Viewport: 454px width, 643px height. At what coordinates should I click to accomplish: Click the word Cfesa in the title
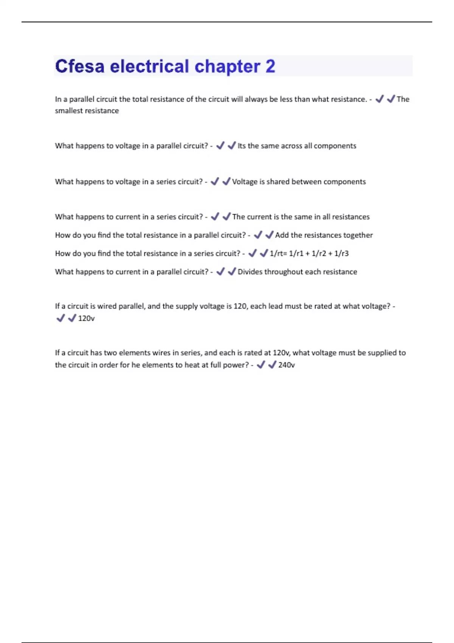click(x=80, y=67)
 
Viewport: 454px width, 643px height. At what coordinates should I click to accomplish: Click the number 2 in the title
click(x=270, y=67)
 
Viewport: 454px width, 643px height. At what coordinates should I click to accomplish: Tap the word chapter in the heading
click(x=227, y=67)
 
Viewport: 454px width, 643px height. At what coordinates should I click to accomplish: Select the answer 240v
click(x=286, y=365)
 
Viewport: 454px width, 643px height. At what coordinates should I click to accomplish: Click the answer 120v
click(x=86, y=318)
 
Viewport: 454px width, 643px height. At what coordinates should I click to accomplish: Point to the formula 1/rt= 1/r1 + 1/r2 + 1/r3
click(x=309, y=253)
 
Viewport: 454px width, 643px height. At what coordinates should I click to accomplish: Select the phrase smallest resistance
click(x=87, y=111)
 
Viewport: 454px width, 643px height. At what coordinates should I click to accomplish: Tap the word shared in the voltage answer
click(x=278, y=182)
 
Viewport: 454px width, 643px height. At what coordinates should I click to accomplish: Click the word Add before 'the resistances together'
click(x=282, y=235)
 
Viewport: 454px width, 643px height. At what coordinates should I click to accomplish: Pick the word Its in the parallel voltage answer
click(x=242, y=146)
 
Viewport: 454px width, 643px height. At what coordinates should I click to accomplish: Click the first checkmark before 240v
click(x=261, y=365)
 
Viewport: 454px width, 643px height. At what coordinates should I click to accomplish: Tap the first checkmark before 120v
click(x=61, y=318)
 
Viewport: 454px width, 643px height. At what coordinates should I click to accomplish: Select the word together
click(x=358, y=235)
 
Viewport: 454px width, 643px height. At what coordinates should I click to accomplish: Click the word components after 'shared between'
click(x=345, y=182)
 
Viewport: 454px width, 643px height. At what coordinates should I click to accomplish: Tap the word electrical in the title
click(x=149, y=67)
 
